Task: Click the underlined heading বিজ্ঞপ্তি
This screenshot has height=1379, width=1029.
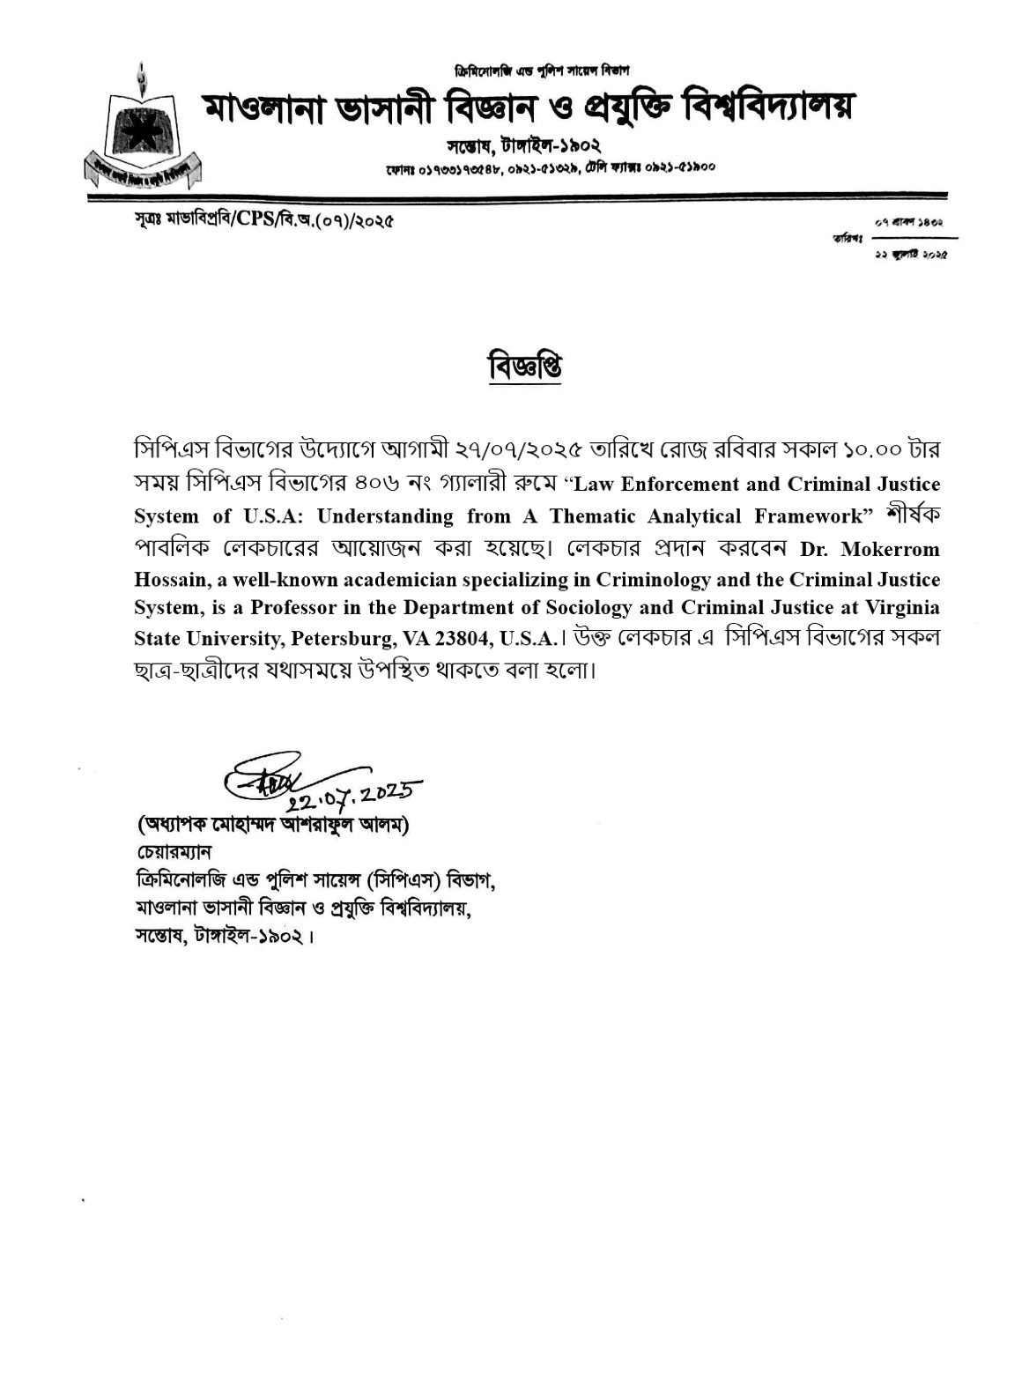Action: click(525, 367)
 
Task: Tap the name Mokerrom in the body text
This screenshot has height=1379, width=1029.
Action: click(890, 550)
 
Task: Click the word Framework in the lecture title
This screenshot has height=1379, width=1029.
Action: click(806, 517)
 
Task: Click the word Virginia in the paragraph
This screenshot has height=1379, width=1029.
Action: click(903, 608)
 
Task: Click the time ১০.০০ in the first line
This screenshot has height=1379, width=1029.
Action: click(872, 450)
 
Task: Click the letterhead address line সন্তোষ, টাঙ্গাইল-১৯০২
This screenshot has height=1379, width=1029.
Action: click(523, 145)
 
